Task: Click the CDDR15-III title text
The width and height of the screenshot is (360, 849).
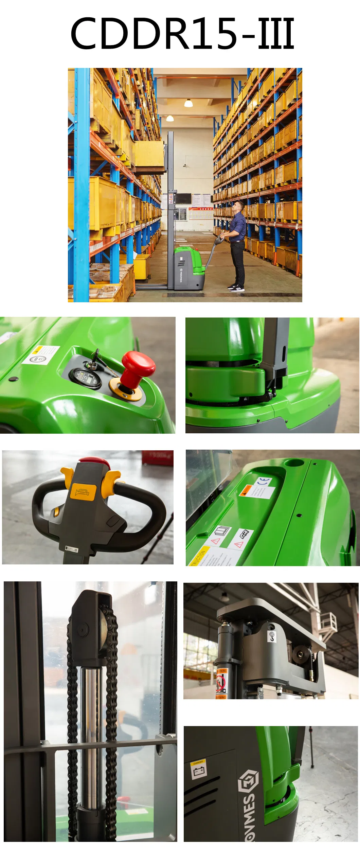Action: pos(182,33)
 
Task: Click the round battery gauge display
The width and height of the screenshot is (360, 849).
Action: pos(85,378)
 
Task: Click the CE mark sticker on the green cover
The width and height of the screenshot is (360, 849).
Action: pos(264,481)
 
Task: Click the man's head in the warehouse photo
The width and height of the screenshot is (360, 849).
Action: pos(240,205)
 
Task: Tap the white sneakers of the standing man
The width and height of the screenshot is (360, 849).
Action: pos(236,288)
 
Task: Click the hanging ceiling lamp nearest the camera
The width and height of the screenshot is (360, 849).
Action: pos(188,103)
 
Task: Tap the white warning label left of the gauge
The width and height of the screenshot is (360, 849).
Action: pos(41,355)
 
